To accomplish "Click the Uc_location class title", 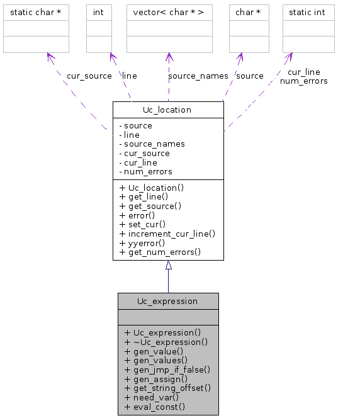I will pos(167,110).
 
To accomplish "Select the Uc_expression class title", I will pos(167,301).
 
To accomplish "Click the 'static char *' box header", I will pos(36,12).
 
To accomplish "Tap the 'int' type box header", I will pos(98,12).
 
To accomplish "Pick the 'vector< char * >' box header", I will pos(169,12).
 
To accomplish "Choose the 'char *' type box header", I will pos(248,12).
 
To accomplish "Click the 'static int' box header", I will pos(308,12).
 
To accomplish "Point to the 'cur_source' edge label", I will pos(89,76).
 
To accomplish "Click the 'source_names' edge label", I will pos(198,76).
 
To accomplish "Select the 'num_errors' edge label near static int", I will pos(303,81).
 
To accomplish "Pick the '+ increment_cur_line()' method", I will pos(167,233).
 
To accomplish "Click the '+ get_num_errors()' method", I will pos(160,252).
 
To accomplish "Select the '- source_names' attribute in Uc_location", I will pos(152,144).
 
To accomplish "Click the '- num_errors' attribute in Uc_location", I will pos(145,171).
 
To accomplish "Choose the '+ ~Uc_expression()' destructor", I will pos(166,342).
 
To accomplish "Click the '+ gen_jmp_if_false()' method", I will pos(167,370).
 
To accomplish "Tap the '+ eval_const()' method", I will pos(154,407).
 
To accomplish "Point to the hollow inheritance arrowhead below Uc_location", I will pos(168,266).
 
